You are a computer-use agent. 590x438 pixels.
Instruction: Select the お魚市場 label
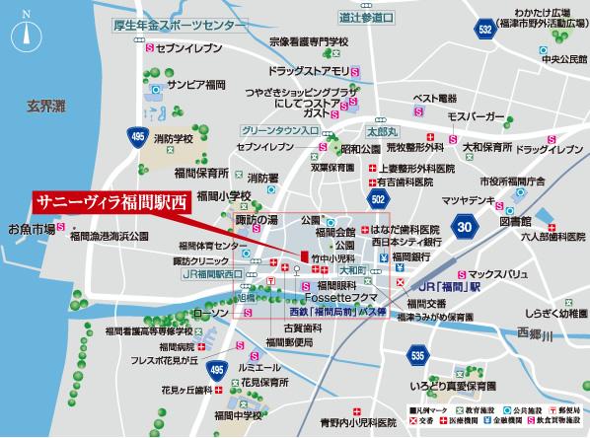click(32, 229)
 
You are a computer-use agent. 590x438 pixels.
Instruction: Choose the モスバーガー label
click(476, 116)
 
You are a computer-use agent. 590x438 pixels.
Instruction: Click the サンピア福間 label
click(198, 84)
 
